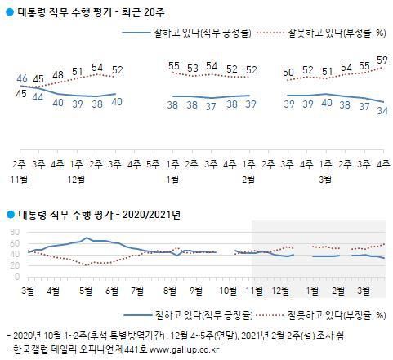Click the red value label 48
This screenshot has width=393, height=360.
58,75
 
